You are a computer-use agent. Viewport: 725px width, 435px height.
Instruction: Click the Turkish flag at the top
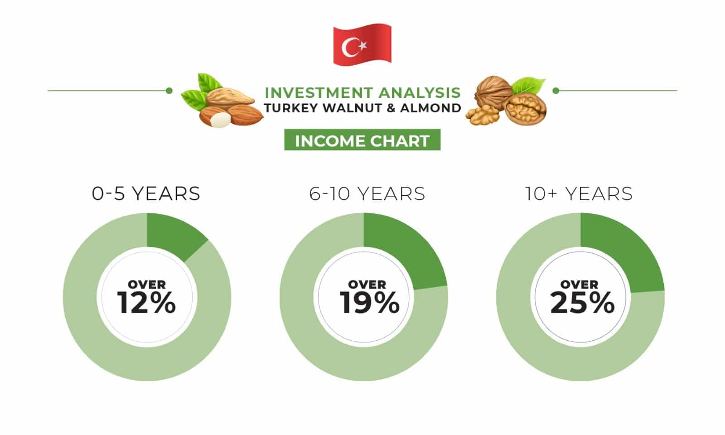click(x=362, y=45)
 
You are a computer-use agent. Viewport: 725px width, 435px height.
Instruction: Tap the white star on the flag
click(x=363, y=46)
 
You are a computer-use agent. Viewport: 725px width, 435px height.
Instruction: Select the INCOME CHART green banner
click(x=362, y=140)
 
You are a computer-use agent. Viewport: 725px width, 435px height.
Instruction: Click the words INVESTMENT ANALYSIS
click(x=362, y=92)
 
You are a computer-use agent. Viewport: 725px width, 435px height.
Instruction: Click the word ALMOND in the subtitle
click(x=431, y=108)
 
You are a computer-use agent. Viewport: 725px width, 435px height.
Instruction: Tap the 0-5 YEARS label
click(x=146, y=194)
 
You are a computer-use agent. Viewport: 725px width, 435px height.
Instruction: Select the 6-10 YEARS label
click(x=367, y=194)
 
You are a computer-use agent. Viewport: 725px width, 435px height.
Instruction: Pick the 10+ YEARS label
click(x=579, y=194)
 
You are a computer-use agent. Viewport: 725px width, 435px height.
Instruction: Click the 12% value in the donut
click(x=147, y=302)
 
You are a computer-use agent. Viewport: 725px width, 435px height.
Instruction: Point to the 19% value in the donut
click(x=369, y=302)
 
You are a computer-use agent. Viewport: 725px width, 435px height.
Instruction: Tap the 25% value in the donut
click(x=582, y=302)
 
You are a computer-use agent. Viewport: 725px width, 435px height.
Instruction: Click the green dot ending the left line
click(x=169, y=91)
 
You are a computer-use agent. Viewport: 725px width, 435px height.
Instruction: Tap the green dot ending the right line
click(x=556, y=91)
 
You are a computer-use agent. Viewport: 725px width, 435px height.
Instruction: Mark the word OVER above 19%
click(x=367, y=285)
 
